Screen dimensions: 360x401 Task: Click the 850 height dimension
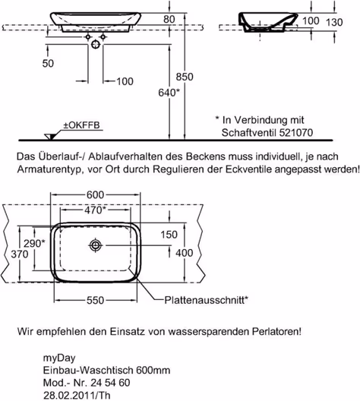coord(185,77)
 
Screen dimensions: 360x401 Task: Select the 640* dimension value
coord(169,93)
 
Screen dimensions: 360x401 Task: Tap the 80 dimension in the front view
coord(169,20)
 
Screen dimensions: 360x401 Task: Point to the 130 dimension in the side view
coord(334,23)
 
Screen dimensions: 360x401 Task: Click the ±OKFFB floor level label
coord(81,125)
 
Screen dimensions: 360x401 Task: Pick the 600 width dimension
coord(95,195)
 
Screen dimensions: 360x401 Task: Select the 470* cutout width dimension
coord(95,210)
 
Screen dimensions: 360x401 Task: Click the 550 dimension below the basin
coord(95,300)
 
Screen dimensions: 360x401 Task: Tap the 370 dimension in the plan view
coord(20,254)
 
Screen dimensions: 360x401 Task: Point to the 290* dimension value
coord(34,244)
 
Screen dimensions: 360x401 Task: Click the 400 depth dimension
coord(184,253)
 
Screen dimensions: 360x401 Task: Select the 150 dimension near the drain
coord(169,235)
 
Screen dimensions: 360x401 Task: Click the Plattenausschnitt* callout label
coord(206,300)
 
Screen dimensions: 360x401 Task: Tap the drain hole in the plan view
coord(96,245)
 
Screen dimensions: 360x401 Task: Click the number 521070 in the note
coord(296,132)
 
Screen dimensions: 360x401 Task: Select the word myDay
coord(59,358)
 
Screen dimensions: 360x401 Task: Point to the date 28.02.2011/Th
coord(77,395)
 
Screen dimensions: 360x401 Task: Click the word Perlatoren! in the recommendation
coord(276,332)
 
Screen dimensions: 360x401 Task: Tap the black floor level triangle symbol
coord(50,137)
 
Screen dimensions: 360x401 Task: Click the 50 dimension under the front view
coord(48,64)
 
